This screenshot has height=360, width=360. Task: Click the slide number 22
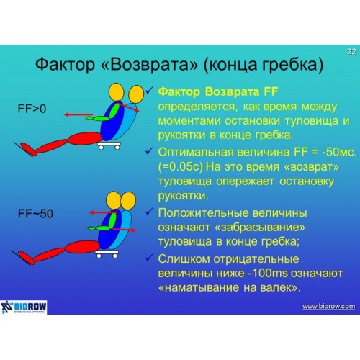351,52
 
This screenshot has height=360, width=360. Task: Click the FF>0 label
32,109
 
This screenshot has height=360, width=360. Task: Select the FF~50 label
35,214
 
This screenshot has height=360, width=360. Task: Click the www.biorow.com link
328,307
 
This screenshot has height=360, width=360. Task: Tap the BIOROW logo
24,307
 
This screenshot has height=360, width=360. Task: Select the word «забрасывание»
260,228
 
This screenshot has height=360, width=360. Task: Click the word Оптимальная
196,152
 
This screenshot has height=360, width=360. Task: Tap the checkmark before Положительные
149,212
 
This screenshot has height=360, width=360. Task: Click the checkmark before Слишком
149,258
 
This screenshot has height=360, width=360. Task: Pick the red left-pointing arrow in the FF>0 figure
78,114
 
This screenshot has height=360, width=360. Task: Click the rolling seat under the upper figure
109,145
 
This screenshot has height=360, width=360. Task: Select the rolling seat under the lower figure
107,254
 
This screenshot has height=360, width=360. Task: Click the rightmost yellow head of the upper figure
136,94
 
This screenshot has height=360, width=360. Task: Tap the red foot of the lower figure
27,258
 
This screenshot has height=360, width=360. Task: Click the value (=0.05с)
181,167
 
